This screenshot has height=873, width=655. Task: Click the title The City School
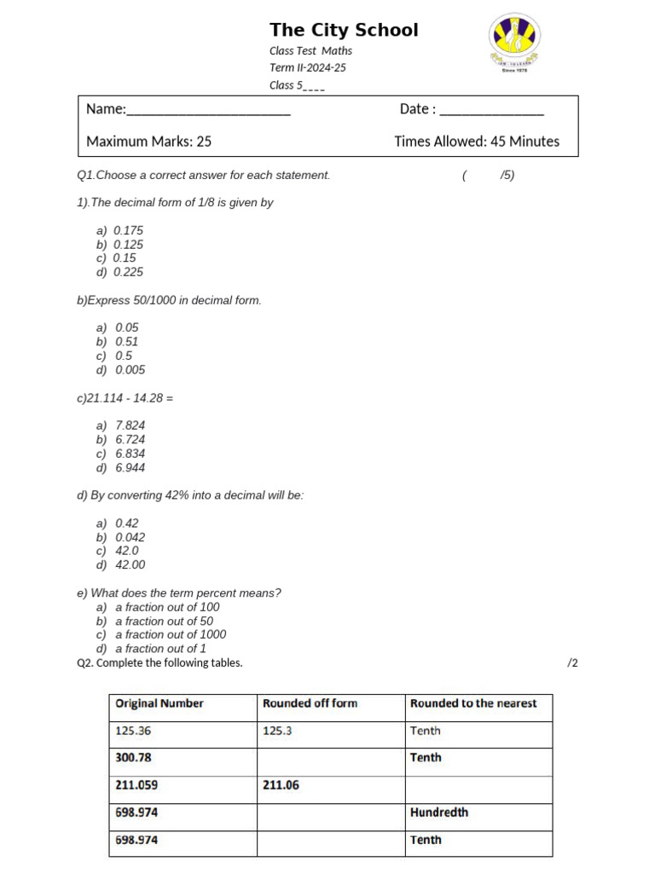point(344,31)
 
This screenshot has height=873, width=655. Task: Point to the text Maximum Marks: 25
point(149,142)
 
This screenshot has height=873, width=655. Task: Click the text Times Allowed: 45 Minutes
point(477,142)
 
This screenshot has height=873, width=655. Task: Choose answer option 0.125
point(129,245)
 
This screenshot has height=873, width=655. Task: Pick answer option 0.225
point(129,272)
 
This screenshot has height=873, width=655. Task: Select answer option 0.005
point(130,370)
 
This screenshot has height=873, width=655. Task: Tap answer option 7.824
point(130,425)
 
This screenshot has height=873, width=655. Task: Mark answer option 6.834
point(130,454)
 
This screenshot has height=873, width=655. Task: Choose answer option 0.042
point(130,537)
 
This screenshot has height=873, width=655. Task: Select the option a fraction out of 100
point(167,607)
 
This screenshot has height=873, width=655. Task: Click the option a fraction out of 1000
point(171,634)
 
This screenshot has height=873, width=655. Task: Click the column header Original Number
point(159,703)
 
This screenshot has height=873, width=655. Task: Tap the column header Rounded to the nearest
point(473,703)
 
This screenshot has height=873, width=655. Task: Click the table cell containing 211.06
point(281,785)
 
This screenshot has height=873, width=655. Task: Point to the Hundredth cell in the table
point(438,812)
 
